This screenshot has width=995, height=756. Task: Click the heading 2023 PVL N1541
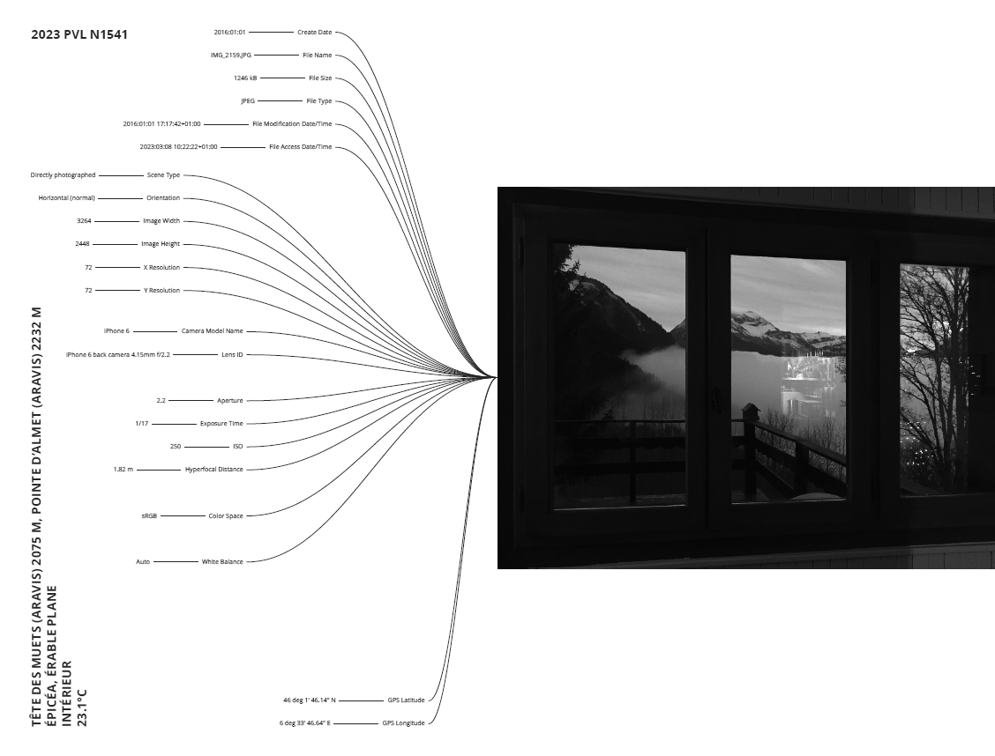(84, 35)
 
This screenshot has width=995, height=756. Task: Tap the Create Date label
(314, 32)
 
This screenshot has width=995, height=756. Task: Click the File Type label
(318, 101)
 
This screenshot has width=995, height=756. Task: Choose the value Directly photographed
(63, 175)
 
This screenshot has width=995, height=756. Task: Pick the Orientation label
(163, 198)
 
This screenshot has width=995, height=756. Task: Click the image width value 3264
(85, 221)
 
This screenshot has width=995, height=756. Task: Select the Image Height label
(161, 244)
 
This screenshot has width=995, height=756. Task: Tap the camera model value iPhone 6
(116, 331)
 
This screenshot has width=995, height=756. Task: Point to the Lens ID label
(232, 354)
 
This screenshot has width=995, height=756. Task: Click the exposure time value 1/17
(141, 424)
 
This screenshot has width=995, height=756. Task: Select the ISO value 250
(176, 447)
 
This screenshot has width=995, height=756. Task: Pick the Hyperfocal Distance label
(213, 470)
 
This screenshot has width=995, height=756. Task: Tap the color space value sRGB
(149, 515)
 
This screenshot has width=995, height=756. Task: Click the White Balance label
(222, 561)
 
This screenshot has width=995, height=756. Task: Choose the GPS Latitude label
(406, 700)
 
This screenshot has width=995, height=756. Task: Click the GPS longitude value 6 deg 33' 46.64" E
(304, 723)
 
